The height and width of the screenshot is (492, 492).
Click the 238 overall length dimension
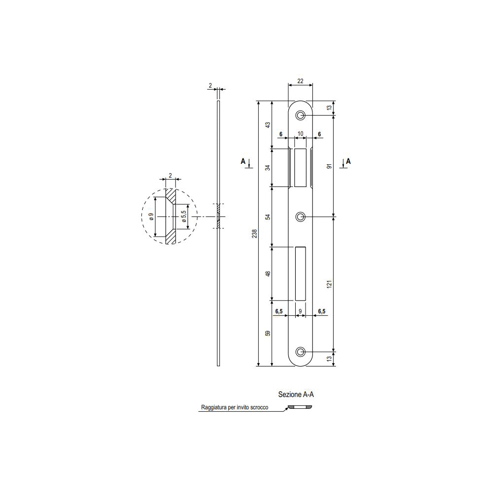tap(254, 234)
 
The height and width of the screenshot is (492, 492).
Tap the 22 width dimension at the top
tap(300, 81)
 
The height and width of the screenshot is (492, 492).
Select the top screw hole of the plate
tap(300, 115)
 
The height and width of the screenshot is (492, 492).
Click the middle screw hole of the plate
tap(300, 217)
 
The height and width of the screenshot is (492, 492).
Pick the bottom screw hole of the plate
tap(300, 352)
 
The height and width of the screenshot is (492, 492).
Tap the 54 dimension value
tap(268, 216)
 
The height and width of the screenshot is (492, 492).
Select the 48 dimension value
tap(268, 273)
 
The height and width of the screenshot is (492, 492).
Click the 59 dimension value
tap(268, 333)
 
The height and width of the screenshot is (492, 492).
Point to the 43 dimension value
tap(268, 125)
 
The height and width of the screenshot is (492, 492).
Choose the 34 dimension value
tap(268, 167)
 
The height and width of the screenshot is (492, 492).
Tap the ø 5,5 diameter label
tap(183, 217)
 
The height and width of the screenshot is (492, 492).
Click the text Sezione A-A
tap(296, 394)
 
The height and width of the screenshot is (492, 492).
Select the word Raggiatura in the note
tap(213, 408)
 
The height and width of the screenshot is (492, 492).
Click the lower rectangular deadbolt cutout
tap(300, 273)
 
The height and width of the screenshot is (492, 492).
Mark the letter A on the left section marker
tap(243, 161)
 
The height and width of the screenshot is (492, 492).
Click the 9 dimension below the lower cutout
tap(300, 311)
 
